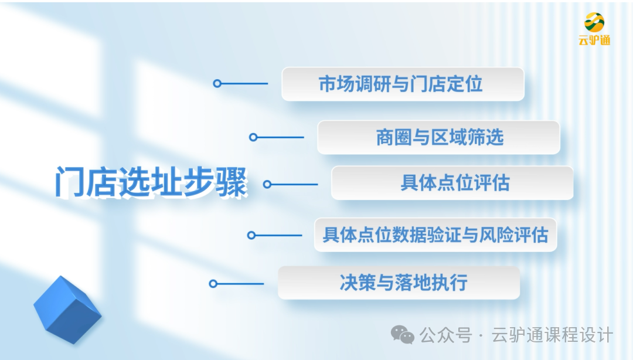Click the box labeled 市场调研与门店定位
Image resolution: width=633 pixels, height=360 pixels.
(402, 84)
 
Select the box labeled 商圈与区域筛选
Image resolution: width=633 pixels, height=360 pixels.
(438, 138)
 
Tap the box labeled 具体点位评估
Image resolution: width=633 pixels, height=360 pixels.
(452, 183)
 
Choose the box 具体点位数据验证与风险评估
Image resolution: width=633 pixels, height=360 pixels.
(435, 235)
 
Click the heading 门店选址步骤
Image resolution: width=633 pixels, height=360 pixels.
(151, 182)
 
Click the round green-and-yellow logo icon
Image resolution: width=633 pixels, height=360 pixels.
(594, 22)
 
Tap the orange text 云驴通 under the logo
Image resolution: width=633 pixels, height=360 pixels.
(594, 40)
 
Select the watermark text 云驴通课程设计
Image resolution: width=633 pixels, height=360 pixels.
(553, 335)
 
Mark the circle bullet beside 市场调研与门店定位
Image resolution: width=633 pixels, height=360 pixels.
(217, 84)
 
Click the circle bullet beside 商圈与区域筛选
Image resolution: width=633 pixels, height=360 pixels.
(253, 137)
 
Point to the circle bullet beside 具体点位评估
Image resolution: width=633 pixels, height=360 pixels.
(267, 184)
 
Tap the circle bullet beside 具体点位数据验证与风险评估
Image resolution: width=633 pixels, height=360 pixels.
(251, 235)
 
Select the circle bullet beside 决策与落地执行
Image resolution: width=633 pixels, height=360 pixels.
(213, 284)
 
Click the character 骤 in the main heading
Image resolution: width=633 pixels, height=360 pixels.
(232, 182)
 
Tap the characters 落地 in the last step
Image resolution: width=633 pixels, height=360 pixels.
(418, 283)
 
